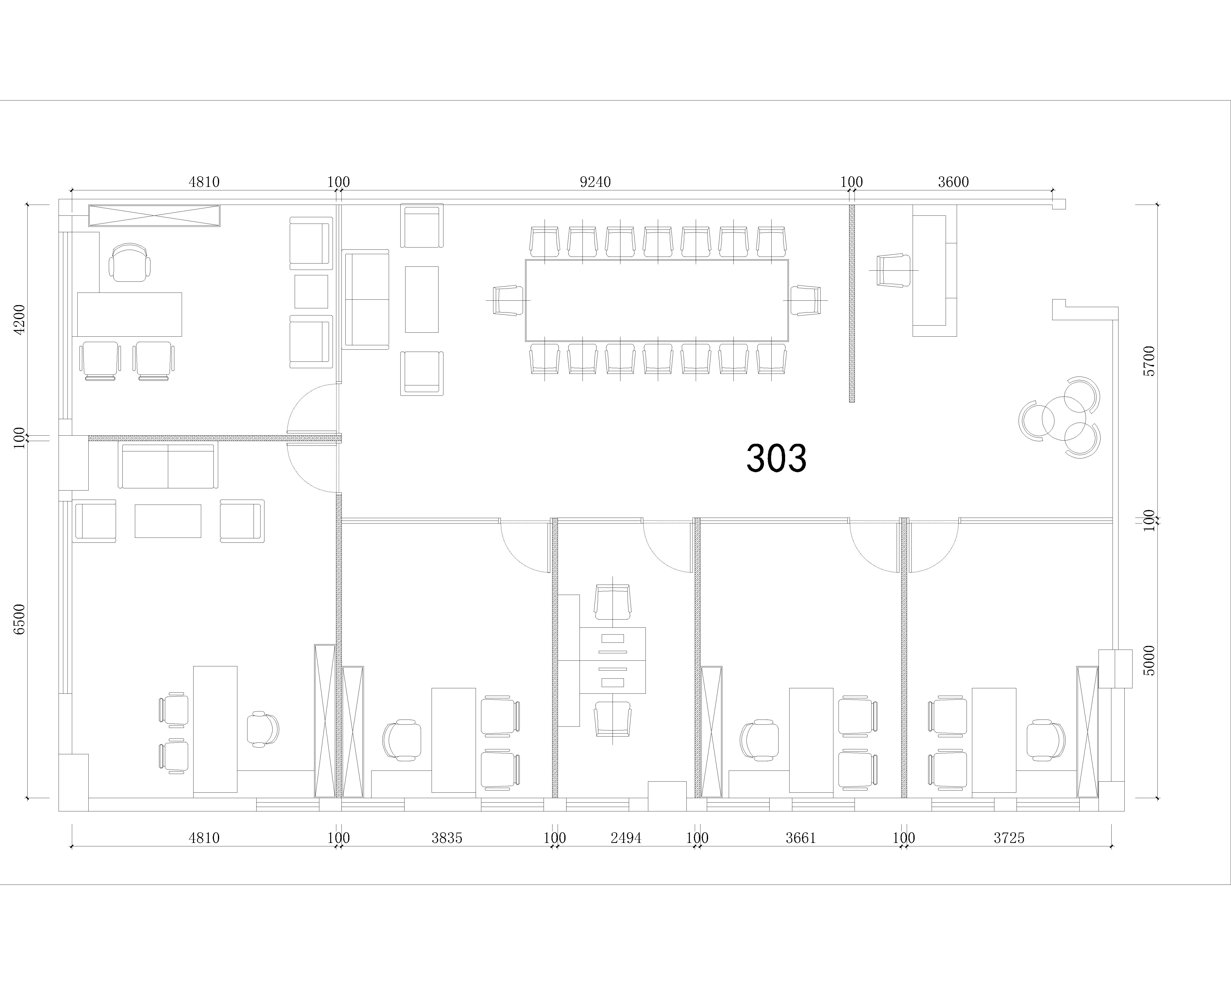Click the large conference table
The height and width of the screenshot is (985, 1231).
[657, 300]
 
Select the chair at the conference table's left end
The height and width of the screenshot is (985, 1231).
[508, 300]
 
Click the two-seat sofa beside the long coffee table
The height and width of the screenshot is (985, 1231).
[365, 299]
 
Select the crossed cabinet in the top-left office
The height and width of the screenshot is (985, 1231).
[154, 216]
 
